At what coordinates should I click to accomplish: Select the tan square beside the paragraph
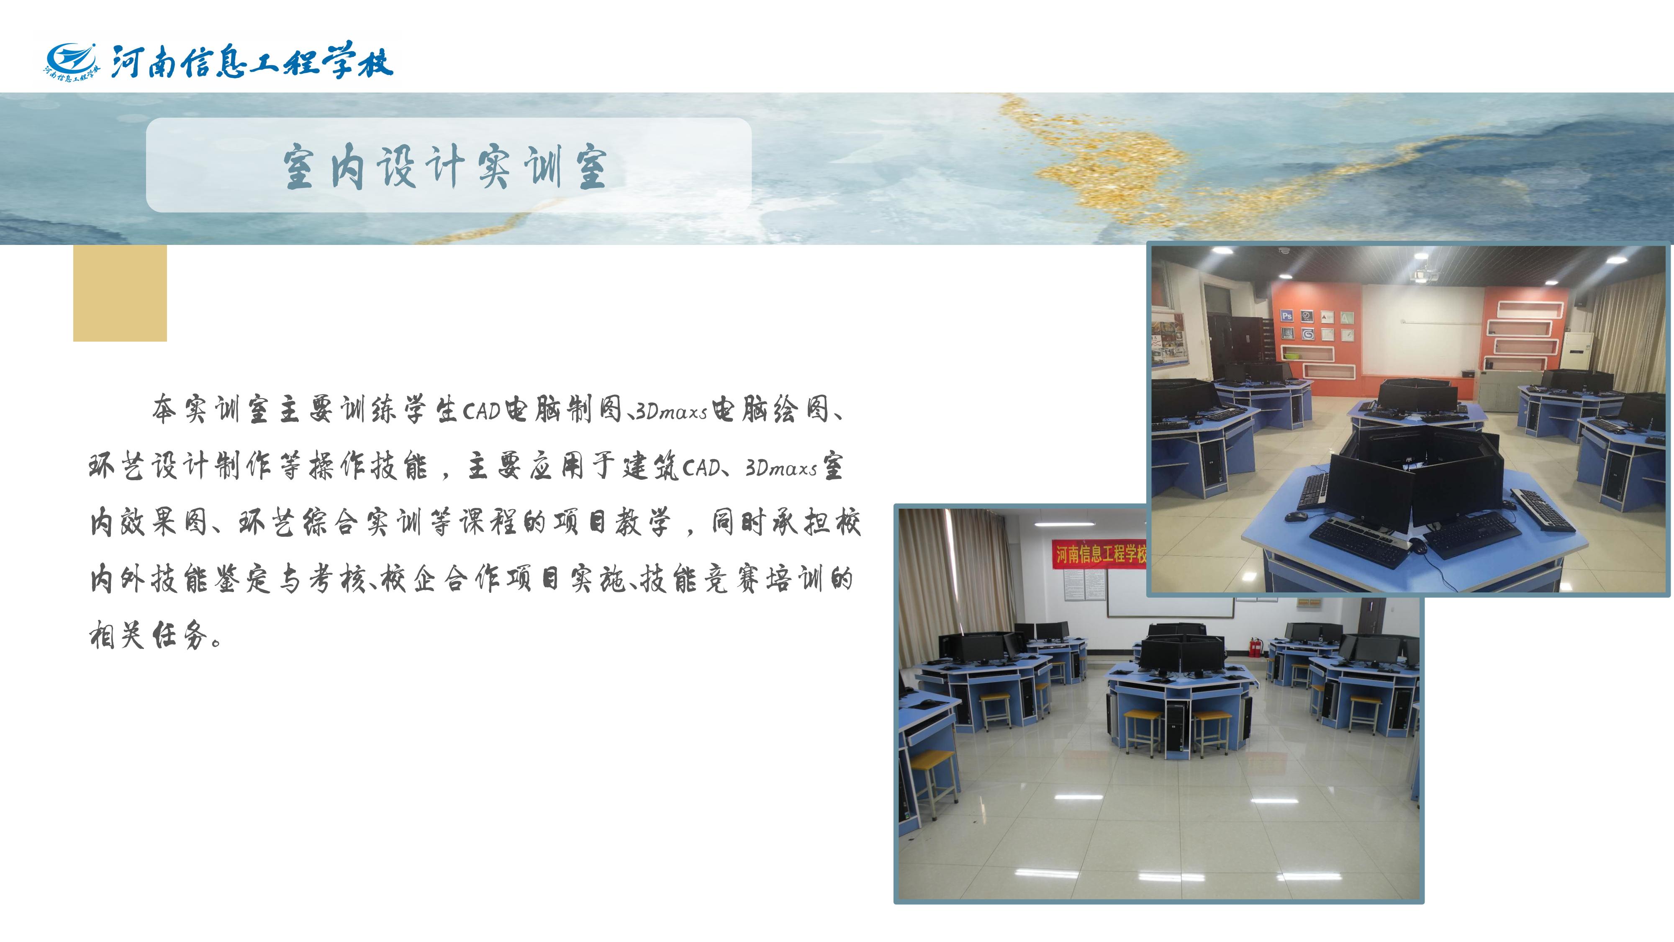coord(120,293)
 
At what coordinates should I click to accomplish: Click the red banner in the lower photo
coord(1099,554)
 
